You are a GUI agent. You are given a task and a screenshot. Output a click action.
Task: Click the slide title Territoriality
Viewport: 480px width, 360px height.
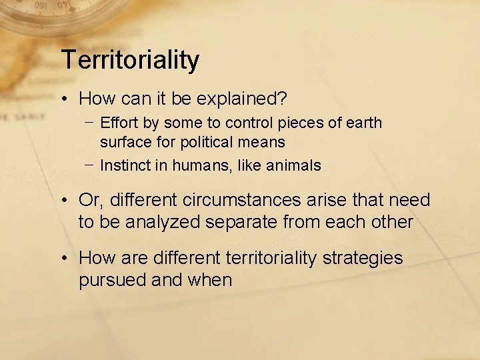pyautogui.click(x=130, y=60)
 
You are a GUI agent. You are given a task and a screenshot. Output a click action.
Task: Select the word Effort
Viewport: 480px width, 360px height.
pyautogui.click(x=117, y=123)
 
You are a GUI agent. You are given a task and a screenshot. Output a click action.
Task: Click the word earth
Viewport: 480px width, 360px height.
pyautogui.click(x=365, y=123)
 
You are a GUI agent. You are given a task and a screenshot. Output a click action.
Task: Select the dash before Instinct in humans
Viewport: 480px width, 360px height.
pyautogui.click(x=89, y=165)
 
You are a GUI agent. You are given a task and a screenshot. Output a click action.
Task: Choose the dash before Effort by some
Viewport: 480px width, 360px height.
pyautogui.click(x=89, y=123)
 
